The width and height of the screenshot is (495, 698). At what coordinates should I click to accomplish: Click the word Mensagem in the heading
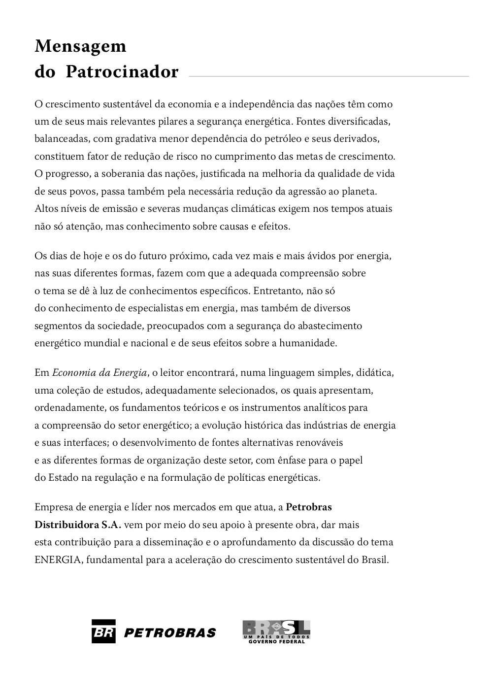pyautogui.click(x=80, y=46)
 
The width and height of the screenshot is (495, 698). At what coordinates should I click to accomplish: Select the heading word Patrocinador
pyautogui.click(x=122, y=72)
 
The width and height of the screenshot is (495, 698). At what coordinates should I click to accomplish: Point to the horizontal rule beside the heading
pyautogui.click(x=329, y=76)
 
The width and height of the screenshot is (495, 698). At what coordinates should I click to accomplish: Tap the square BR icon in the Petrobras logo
pyautogui.click(x=103, y=632)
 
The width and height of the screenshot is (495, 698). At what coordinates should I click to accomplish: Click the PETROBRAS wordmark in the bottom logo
pyautogui.click(x=170, y=633)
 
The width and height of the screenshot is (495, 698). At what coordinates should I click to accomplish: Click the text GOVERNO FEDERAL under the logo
pyautogui.click(x=276, y=642)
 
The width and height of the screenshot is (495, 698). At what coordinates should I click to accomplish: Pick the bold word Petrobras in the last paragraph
pyautogui.click(x=309, y=507)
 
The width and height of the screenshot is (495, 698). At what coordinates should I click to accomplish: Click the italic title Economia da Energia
pyautogui.click(x=99, y=373)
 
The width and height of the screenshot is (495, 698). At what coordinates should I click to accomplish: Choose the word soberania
pyautogui.click(x=115, y=174)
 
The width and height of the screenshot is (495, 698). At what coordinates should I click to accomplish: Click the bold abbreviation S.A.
pyautogui.click(x=111, y=525)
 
